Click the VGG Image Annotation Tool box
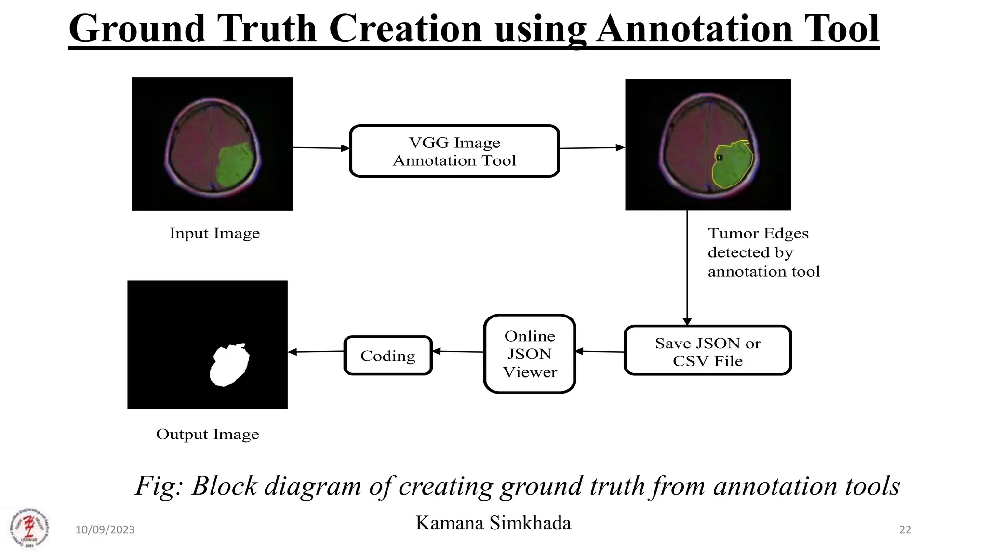coord(454,151)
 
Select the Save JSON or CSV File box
coord(707,351)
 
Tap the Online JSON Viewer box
coord(529,354)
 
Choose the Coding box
coord(388,356)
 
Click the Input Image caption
coord(214,233)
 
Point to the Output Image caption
coord(207,434)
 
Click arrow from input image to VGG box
coord(321,148)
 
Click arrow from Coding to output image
coord(316,352)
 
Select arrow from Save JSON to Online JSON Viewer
coord(600,352)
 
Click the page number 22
coord(905,529)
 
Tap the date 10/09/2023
coord(105,529)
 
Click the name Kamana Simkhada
coord(493,523)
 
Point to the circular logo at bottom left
coord(29,529)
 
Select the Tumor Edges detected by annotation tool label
coord(763,252)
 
